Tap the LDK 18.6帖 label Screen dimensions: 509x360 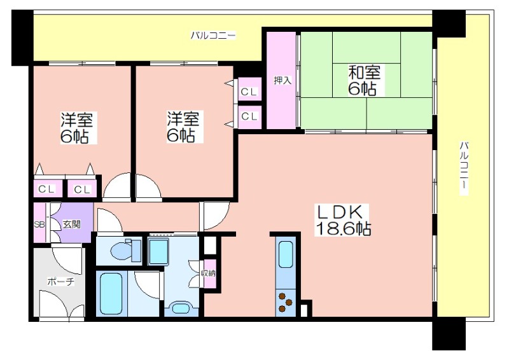pyautogui.click(x=343, y=221)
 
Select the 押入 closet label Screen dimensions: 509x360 pyautogui.click(x=282, y=80)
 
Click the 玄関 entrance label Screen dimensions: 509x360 pyautogui.click(x=72, y=224)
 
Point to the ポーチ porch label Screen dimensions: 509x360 pyautogui.click(x=60, y=281)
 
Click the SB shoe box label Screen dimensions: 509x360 pyautogui.click(x=39, y=224)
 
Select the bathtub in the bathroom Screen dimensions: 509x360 pyautogui.click(x=111, y=293)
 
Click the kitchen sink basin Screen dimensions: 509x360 pyautogui.click(x=286, y=254)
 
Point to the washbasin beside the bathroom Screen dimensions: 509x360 pyautogui.click(x=181, y=308)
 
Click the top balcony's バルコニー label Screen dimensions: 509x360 pyautogui.click(x=213, y=35)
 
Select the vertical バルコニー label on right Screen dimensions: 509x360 pyautogui.click(x=464, y=168)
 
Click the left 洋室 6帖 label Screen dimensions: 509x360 pyautogui.click(x=77, y=128)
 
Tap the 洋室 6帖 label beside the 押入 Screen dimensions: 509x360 pyautogui.click(x=183, y=127)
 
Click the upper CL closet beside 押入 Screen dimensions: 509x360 pyautogui.click(x=249, y=92)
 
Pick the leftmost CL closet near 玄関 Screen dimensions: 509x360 pyautogui.click(x=46, y=189)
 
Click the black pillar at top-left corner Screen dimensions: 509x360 pyautogui.click(x=22, y=37)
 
